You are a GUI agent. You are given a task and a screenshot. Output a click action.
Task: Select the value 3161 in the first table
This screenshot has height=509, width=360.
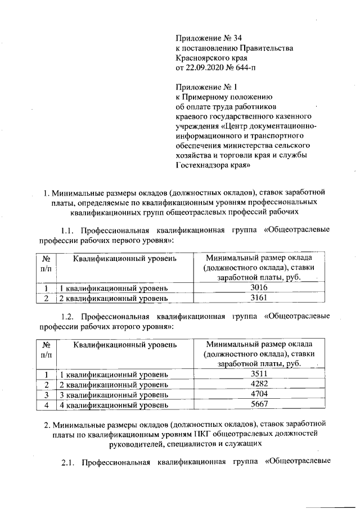tap(258, 297)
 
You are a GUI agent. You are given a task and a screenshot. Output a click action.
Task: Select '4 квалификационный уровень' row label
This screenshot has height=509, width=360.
tap(114, 404)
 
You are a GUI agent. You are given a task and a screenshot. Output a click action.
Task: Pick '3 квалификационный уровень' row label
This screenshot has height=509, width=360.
tap(114, 394)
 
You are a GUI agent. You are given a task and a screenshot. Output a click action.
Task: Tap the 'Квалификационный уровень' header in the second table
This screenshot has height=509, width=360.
tap(125, 344)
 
